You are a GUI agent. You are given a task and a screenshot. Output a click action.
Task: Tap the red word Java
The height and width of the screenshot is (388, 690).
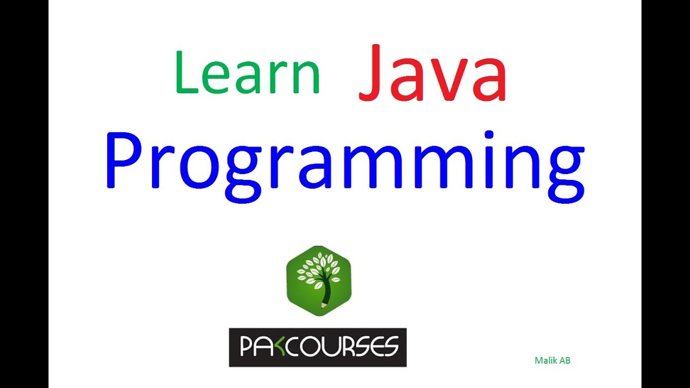[x=432, y=74]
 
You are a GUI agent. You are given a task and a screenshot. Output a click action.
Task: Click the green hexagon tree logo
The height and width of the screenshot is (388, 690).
[x=319, y=280]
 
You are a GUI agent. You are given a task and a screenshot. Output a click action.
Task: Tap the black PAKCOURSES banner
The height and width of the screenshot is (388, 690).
[x=318, y=348]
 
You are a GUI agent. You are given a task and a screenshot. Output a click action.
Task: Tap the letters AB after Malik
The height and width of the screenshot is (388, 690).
[x=564, y=361]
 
